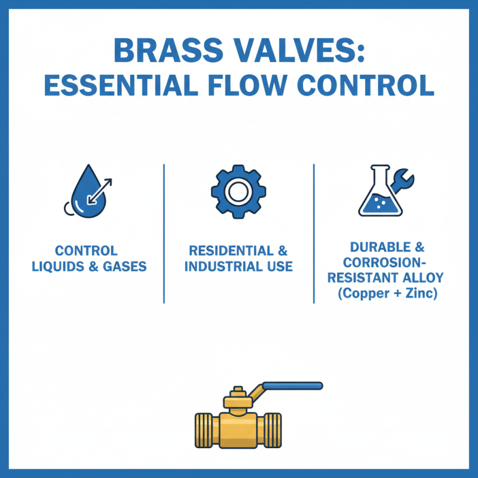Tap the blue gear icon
pyautogui.click(x=238, y=192)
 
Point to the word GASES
pyautogui.click(x=124, y=266)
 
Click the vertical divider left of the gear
pyautogui.click(x=164, y=233)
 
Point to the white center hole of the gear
pyautogui.click(x=238, y=192)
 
